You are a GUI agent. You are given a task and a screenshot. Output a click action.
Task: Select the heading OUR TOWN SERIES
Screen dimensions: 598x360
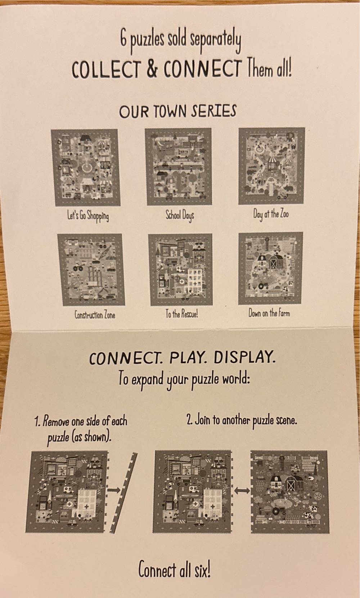click(177, 111)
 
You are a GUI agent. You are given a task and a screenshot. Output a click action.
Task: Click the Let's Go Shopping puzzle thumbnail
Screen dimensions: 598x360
click(85, 168)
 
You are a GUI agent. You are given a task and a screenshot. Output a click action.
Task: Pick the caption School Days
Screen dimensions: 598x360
click(179, 215)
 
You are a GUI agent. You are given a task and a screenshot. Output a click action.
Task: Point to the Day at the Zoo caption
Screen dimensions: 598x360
click(271, 214)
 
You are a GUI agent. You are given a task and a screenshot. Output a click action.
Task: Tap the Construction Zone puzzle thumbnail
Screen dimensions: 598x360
click(92, 269)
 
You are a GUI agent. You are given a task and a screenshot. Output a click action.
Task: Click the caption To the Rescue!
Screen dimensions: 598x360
click(181, 314)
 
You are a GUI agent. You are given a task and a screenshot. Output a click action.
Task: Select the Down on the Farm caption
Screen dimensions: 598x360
click(269, 313)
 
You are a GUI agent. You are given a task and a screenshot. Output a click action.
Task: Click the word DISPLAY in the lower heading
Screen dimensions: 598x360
click(244, 357)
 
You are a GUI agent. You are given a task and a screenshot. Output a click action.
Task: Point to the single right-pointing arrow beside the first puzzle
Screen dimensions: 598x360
click(115, 489)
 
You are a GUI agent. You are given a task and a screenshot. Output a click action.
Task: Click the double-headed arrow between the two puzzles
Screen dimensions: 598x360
click(242, 490)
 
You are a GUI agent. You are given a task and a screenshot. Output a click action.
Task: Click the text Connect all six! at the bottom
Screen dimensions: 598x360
click(174, 570)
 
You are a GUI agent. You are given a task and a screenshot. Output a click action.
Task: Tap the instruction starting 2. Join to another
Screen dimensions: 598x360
click(242, 420)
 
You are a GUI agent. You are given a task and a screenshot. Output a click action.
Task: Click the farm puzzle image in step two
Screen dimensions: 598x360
click(289, 491)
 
